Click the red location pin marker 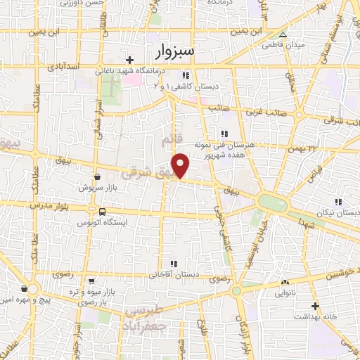[181, 165]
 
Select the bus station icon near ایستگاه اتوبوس [103, 212]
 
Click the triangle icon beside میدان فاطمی [283, 34]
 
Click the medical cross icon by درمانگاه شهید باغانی [129, 61]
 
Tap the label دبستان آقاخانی [172, 276]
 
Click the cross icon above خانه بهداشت [316, 307]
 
